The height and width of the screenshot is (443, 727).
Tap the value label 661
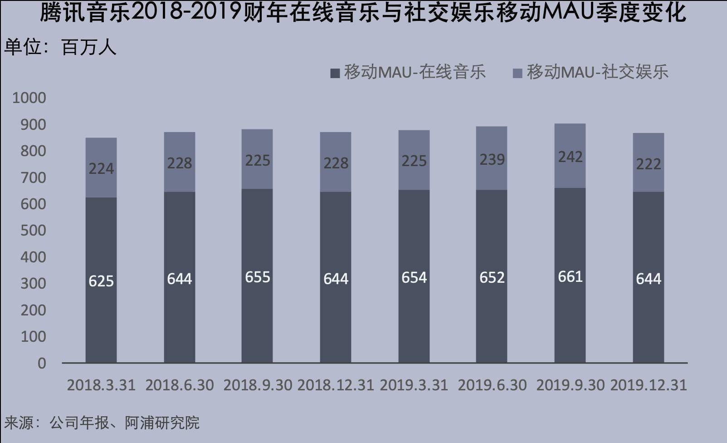[x=570, y=276]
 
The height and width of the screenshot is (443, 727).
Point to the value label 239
[x=492, y=159]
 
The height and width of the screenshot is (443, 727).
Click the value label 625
[x=101, y=281]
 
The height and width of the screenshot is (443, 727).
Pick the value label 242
[x=570, y=157]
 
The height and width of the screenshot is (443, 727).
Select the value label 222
[x=648, y=164]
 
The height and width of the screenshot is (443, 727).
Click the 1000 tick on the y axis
[x=29, y=98]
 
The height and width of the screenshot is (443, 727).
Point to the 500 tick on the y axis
[x=33, y=230]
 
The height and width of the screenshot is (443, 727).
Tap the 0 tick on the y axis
[x=42, y=363]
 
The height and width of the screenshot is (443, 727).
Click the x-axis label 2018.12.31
[x=336, y=385]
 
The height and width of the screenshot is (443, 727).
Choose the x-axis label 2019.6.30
[x=492, y=385]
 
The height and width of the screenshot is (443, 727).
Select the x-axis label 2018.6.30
[x=180, y=385]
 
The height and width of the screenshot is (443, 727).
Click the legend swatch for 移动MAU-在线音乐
[x=335, y=73]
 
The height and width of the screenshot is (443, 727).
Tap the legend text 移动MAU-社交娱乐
[x=597, y=72]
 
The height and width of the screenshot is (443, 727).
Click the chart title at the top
[x=363, y=12]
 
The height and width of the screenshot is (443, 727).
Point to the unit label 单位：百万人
[x=60, y=47]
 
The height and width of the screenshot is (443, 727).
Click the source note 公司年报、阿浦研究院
[x=102, y=423]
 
